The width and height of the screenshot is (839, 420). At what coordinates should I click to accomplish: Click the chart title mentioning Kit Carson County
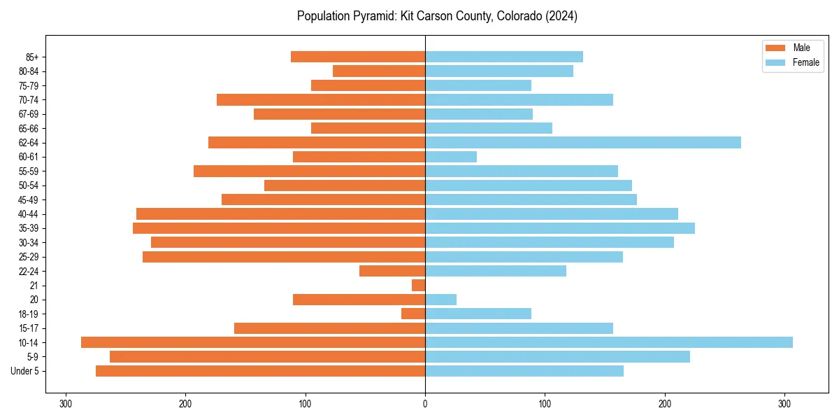437,16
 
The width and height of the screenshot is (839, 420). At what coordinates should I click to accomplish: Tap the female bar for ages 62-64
582,143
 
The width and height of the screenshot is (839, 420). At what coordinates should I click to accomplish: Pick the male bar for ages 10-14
253,342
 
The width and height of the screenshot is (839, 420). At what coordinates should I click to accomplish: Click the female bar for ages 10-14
608,342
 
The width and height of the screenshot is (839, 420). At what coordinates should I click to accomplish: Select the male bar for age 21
418,286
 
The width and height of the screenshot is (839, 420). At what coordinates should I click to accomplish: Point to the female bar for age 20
440,300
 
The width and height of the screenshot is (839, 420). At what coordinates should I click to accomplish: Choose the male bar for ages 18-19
413,314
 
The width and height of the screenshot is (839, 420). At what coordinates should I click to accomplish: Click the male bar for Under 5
260,371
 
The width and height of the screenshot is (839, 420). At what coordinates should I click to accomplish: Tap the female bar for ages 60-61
451,157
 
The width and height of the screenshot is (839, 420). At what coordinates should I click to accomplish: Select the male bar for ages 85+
358,57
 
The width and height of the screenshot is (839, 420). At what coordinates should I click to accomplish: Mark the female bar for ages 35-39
559,228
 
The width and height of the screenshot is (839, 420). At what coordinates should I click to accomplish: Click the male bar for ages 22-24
392,271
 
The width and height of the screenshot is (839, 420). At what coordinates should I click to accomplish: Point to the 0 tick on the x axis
425,403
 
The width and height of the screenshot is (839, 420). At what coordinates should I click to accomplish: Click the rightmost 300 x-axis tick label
784,403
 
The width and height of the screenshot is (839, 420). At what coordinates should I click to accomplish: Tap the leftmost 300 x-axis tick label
66,403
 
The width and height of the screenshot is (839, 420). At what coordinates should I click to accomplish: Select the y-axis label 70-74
28,100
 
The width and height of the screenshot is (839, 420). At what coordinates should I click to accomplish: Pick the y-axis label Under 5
24,371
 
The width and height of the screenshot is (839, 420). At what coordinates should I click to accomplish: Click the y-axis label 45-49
28,199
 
